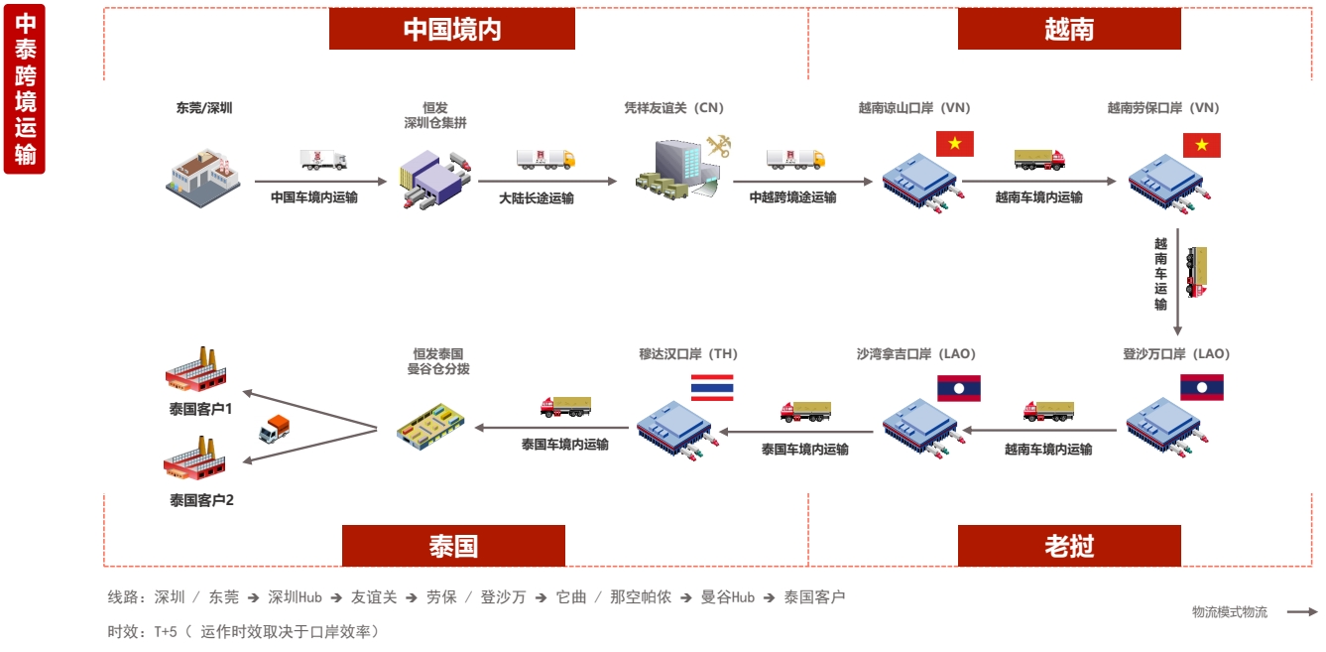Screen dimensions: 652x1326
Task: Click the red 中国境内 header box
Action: [451, 29]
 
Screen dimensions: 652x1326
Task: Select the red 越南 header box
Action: [1068, 29]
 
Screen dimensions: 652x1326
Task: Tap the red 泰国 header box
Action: [453, 546]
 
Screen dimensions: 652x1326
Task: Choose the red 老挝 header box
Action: [1068, 546]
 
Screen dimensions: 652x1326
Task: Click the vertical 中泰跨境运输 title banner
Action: [24, 88]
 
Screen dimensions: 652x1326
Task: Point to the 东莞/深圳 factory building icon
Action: [203, 176]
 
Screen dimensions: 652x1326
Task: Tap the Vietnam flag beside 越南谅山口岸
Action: [955, 144]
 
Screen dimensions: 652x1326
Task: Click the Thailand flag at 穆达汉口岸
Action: [712, 387]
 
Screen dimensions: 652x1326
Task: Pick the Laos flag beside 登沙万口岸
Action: [1201, 387]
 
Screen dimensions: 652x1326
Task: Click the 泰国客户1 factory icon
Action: [197, 370]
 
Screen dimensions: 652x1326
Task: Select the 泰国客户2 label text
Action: [201, 500]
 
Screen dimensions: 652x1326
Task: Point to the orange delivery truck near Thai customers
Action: [275, 428]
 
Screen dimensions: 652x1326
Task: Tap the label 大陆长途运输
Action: [536, 197]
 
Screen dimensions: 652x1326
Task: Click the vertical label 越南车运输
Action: [1160, 274]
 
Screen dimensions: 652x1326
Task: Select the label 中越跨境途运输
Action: [792, 197]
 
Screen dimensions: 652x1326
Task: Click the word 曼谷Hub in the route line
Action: [728, 597]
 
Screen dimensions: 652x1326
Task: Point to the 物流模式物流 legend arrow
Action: [1302, 612]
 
